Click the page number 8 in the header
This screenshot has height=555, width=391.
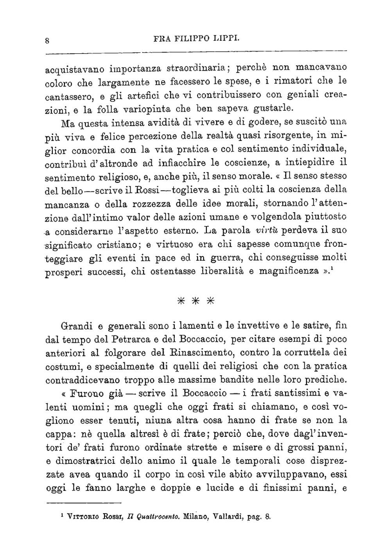pyautogui.click(x=47, y=39)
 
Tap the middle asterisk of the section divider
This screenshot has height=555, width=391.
pyautogui.click(x=195, y=301)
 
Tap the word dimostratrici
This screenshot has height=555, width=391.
pyautogui.click(x=97, y=461)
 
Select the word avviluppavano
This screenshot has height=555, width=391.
pyautogui.click(x=289, y=474)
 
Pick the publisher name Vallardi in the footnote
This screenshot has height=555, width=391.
pyautogui.click(x=226, y=516)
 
